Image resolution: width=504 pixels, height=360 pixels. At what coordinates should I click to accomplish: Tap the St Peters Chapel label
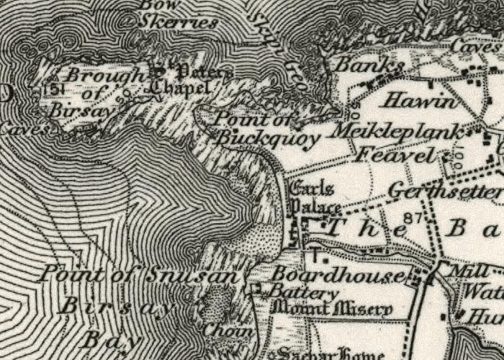pyautogui.click(x=187, y=81)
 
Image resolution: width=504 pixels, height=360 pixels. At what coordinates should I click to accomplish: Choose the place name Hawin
pyautogui.click(x=419, y=102)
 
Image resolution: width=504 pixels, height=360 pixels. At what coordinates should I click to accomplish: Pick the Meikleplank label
pyautogui.click(x=400, y=132)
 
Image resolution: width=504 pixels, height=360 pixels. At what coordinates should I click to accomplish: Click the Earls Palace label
pyautogui.click(x=315, y=199)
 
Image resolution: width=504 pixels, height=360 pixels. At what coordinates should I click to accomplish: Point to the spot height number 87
pyautogui.click(x=413, y=217)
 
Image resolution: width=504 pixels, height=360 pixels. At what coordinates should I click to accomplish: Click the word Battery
pyautogui.click(x=303, y=294)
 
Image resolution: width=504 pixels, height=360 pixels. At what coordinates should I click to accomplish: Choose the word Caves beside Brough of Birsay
pyautogui.click(x=25, y=130)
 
